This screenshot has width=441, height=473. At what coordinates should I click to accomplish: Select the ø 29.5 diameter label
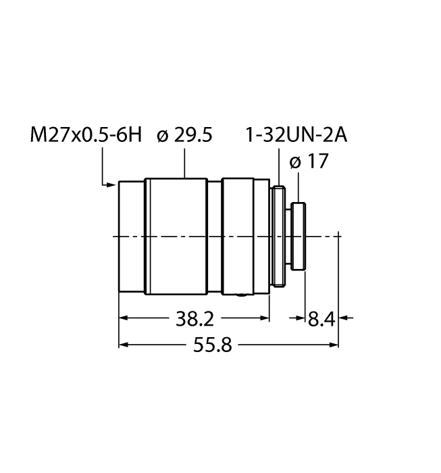click(184, 135)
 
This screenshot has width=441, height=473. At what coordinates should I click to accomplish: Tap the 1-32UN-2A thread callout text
click(296, 135)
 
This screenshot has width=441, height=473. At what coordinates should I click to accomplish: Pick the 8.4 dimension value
click(321, 318)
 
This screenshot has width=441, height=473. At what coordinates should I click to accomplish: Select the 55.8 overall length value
click(213, 345)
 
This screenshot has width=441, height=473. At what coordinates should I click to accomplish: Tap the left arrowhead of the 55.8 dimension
click(124, 345)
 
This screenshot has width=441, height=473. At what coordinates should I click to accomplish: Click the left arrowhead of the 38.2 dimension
click(124, 318)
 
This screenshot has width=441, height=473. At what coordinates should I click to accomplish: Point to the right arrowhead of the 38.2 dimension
click(265, 318)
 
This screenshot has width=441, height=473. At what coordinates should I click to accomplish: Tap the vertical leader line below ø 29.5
click(185, 162)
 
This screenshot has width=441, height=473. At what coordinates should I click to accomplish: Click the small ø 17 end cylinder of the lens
click(299, 236)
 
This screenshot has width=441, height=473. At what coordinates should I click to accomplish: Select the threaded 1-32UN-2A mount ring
click(277, 236)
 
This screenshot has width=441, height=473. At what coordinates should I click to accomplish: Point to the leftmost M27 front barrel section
click(132, 236)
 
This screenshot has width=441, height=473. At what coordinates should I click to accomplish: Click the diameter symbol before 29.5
click(161, 136)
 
